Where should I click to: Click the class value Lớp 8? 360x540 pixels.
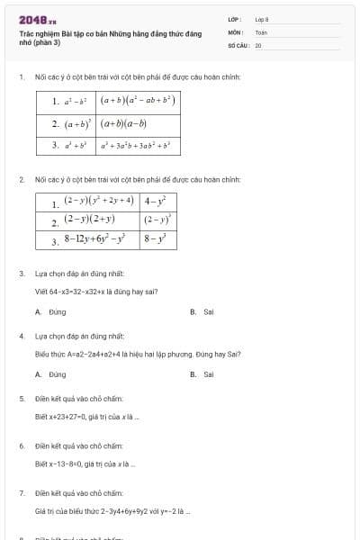coord(262,18)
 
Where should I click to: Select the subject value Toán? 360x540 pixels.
coord(261,31)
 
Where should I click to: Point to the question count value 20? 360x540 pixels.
coord(258,45)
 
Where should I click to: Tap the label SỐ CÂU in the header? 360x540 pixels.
coord(238,45)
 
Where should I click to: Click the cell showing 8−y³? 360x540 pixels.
coord(158,240)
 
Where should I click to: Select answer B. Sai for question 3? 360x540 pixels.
coord(202,312)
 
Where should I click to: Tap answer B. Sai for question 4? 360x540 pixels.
coord(202,374)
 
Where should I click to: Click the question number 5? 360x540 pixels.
coord(22,398)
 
